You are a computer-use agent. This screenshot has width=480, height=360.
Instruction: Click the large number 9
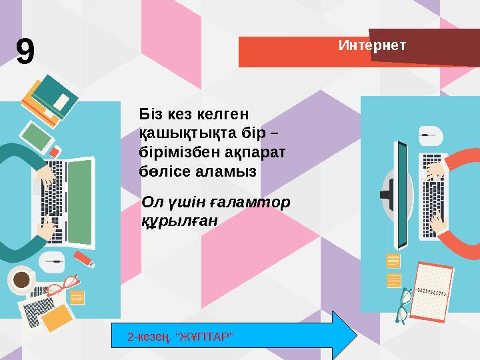[x=25, y=52]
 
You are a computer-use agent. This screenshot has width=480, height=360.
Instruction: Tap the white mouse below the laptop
[x=52, y=260]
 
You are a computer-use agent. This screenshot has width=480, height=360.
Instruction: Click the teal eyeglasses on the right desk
[x=403, y=303]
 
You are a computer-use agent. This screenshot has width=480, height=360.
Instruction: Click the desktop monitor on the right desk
[x=401, y=193]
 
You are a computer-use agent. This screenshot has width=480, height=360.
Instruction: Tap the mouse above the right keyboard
[x=431, y=136]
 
